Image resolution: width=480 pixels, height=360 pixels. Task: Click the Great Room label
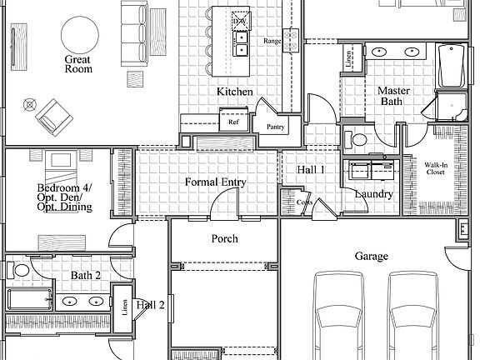(x=77, y=65)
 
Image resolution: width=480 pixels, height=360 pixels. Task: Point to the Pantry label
(x=276, y=127)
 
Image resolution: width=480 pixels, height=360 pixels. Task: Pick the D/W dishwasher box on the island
(x=240, y=18)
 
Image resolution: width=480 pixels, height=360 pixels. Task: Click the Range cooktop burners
(x=292, y=36)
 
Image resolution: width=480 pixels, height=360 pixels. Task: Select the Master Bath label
(x=392, y=96)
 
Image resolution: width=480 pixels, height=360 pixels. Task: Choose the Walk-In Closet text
(x=437, y=170)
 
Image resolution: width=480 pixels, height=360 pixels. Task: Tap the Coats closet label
(x=304, y=202)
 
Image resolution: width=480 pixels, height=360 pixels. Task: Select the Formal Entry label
(x=215, y=182)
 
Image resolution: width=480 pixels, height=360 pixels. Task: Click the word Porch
(x=223, y=238)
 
